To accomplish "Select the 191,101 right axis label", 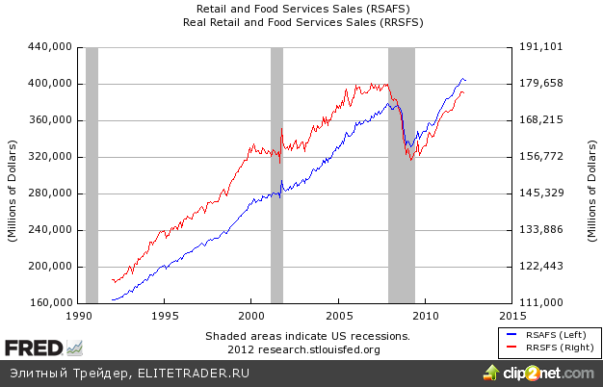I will click(x=539, y=46).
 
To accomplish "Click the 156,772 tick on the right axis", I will click(x=539, y=157).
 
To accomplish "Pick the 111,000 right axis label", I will click(x=539, y=303).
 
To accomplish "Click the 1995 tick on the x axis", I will click(x=166, y=316).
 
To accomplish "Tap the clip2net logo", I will click(x=544, y=373).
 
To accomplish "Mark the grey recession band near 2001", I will click(x=276, y=173).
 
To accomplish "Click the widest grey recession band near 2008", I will click(x=401, y=173).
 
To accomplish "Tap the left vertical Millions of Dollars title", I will click(x=13, y=174).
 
